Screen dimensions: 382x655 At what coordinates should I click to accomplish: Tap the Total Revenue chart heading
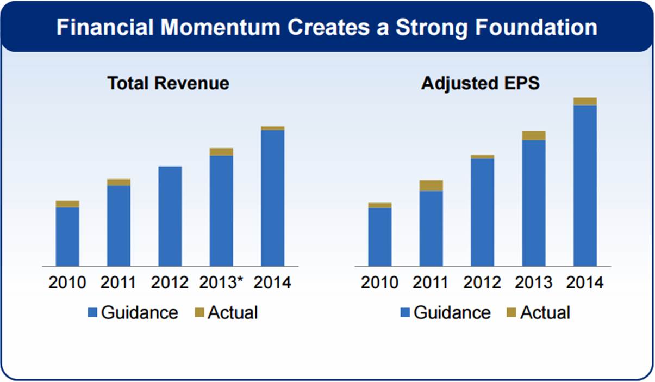tap(168, 83)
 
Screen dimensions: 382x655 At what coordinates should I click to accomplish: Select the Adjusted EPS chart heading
tap(481, 83)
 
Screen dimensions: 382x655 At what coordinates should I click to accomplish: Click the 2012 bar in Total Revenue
tap(170, 216)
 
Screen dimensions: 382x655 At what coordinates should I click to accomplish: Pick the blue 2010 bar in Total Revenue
tap(67, 237)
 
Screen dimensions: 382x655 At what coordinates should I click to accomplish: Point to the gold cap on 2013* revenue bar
tap(221, 152)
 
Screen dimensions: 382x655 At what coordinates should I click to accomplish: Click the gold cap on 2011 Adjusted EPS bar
tap(431, 186)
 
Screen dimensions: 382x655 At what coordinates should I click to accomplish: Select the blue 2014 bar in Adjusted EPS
tap(585, 185)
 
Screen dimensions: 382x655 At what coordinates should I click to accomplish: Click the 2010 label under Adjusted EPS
tap(379, 283)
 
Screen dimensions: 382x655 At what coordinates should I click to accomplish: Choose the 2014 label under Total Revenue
tap(273, 283)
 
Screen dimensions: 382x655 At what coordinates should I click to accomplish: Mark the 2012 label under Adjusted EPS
tap(482, 283)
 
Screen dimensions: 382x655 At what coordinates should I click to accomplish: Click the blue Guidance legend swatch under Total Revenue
tap(92, 313)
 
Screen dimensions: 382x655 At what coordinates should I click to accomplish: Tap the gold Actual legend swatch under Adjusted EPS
tap(511, 313)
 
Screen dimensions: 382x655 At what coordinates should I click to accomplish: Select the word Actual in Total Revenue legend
tap(233, 313)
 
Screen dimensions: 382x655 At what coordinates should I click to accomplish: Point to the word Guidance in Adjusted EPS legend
tap(452, 313)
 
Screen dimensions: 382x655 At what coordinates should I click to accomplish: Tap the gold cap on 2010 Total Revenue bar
tap(67, 204)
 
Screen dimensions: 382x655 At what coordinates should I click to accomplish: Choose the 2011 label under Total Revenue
tap(118, 283)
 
